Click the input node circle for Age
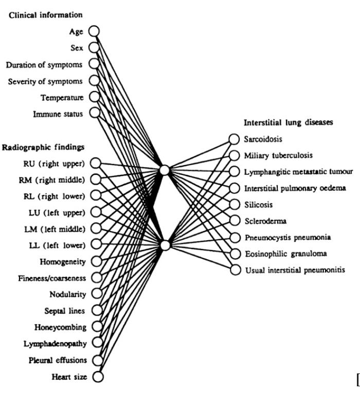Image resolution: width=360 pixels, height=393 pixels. tap(94, 31)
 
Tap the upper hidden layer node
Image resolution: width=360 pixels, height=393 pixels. tap(165, 170)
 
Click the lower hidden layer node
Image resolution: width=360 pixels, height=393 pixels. tap(165, 245)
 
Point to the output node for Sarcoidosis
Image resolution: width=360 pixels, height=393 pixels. tap(234, 139)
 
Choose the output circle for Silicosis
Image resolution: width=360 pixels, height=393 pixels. tap(234, 204)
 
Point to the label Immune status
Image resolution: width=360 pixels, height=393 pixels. tap(61, 113)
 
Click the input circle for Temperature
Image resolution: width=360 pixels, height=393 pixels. tap(94, 97)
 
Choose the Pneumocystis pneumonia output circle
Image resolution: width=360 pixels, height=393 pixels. tap(234, 237)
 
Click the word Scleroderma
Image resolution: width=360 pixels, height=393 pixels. tap(264, 221)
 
